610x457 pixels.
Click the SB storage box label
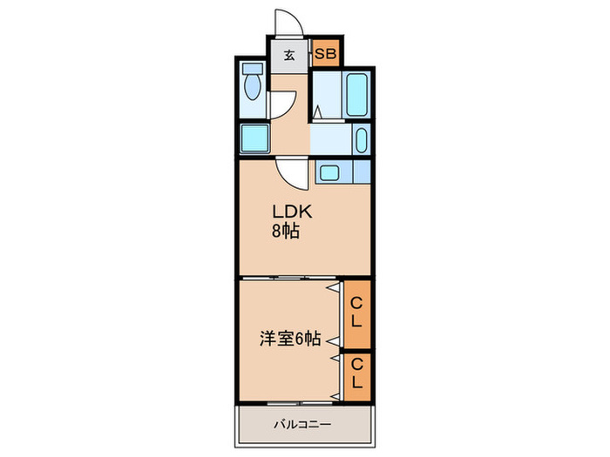pyautogui.click(x=325, y=54)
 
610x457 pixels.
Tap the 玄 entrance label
pyautogui.click(x=288, y=55)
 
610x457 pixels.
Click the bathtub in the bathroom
pyautogui.click(x=357, y=94)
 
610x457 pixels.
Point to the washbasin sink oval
pyautogui.click(x=362, y=140)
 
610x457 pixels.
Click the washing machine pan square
pyautogui.click(x=254, y=138)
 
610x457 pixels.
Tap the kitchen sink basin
pyautogui.click(x=329, y=172)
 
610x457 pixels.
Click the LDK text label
pyautogui.click(x=292, y=212)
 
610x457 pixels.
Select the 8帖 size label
pyautogui.click(x=286, y=232)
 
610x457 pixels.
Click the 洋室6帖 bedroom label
pyautogui.click(x=290, y=339)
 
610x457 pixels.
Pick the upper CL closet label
pyautogui.click(x=356, y=312)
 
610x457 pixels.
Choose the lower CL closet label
pyautogui.click(x=356, y=373)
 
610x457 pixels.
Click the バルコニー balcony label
pyautogui.click(x=302, y=424)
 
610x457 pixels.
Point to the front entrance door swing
pyautogui.click(x=288, y=23)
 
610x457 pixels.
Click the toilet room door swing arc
pyautogui.click(x=283, y=105)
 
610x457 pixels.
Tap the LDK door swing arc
pyautogui.click(x=292, y=174)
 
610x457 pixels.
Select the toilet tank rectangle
pyautogui.click(x=253, y=69)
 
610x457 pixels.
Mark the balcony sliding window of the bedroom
pyautogui.click(x=300, y=404)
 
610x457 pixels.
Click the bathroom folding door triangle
pyautogui.click(x=318, y=112)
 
